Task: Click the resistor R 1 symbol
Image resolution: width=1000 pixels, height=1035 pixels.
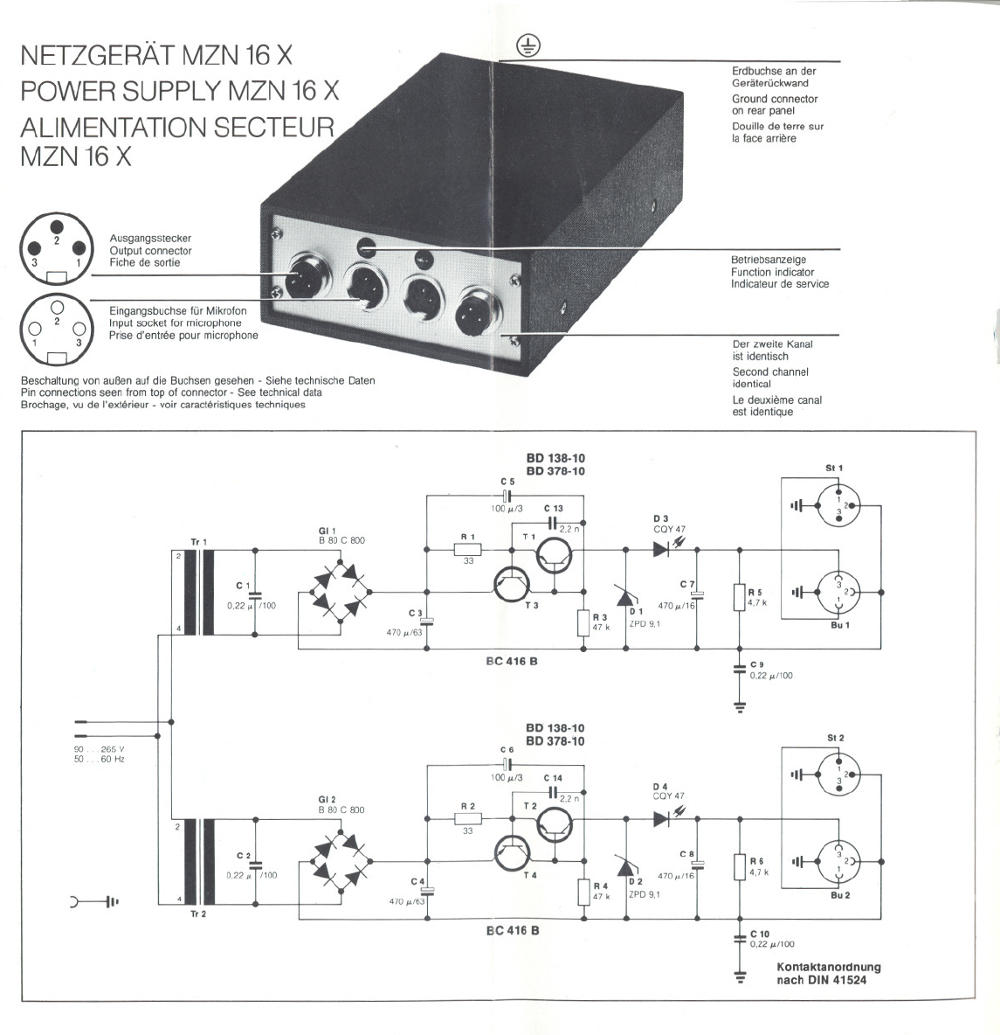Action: point(468,550)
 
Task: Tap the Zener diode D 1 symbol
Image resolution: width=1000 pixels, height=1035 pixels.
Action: point(625,599)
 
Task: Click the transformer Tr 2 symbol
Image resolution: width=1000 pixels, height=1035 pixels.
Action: point(206,862)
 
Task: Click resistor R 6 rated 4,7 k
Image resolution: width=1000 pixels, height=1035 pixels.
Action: point(740,867)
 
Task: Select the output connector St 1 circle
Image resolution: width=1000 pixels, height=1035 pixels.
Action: point(838,506)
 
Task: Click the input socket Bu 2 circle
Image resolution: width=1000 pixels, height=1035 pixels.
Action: point(838,861)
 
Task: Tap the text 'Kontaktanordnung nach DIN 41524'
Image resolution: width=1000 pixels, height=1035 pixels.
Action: point(828,973)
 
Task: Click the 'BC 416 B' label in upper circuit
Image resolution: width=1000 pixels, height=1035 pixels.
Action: point(512,661)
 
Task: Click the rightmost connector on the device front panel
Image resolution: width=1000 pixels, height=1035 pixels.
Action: point(476,309)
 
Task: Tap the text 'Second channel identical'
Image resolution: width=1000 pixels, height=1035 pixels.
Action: point(769,378)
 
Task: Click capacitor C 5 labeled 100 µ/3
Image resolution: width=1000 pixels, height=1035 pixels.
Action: point(507,494)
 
